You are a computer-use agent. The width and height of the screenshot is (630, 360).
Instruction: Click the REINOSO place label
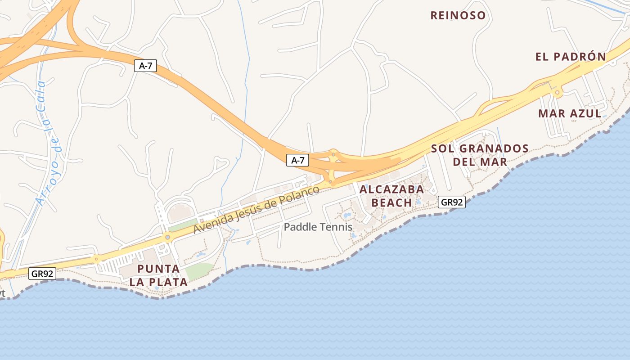(458, 16)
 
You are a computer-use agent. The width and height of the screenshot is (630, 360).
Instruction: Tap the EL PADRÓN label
(571, 57)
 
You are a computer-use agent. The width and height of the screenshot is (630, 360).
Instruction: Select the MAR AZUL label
(570, 113)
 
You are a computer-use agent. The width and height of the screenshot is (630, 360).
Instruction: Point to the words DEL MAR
(480, 162)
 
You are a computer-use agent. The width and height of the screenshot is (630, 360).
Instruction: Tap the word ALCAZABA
(391, 189)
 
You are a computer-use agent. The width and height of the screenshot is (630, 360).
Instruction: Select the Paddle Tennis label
(318, 227)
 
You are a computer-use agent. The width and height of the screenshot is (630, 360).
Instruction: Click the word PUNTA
(158, 269)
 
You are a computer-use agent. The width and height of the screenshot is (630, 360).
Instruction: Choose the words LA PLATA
(158, 283)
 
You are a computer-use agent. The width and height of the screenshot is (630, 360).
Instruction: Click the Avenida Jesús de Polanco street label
(256, 209)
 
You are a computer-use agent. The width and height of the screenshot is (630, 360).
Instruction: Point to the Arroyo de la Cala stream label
(48, 143)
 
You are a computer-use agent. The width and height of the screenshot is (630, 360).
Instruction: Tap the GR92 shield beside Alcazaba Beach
(451, 202)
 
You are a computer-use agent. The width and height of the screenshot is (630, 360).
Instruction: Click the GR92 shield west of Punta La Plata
(42, 273)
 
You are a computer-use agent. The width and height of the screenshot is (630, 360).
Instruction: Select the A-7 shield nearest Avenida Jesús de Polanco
(297, 160)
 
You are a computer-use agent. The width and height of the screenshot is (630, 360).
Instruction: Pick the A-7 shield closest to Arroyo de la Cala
(145, 66)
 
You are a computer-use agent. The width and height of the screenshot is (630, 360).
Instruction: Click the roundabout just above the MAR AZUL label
(558, 93)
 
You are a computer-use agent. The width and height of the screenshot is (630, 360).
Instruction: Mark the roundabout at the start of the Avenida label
(167, 237)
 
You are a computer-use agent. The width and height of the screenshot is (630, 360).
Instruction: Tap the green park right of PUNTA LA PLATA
(199, 270)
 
